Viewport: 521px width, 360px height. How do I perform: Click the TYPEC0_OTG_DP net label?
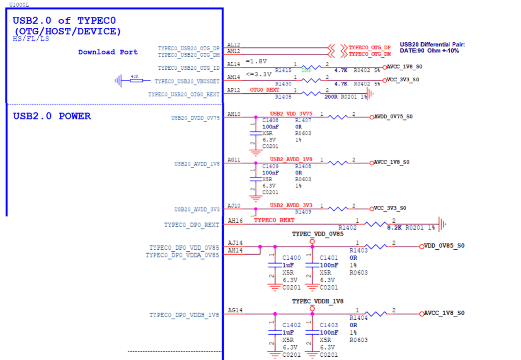pos(369,48)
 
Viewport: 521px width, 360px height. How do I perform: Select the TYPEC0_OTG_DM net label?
pos(369,54)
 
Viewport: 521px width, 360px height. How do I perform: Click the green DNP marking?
pos(306,71)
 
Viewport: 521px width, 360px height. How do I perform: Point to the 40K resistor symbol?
pos(135,80)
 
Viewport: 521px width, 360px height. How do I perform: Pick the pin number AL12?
pos(234,44)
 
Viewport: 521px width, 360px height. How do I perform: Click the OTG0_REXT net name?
pos(264,90)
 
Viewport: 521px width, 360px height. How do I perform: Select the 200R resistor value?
pos(332,97)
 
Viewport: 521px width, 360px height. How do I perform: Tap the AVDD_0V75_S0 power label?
pos(393,117)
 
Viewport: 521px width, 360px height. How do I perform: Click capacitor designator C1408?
pos(270,120)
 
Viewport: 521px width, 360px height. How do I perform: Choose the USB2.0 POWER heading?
pos(52,116)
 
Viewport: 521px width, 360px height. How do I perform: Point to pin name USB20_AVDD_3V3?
pos(197,209)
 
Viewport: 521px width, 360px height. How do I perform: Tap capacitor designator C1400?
pos(291,258)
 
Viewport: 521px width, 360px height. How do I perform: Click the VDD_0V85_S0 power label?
pos(444,246)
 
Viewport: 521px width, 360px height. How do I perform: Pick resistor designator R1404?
pos(359,318)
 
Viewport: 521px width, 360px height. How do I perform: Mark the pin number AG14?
pos(235,310)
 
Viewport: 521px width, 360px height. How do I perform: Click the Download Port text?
pos(108,52)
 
